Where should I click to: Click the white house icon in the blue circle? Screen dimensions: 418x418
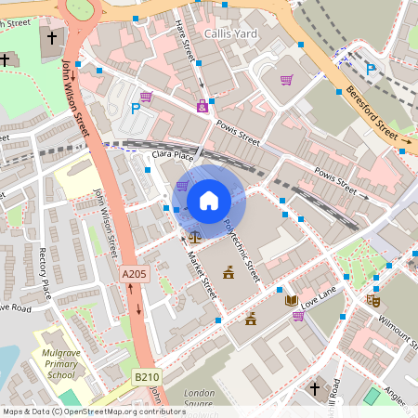pyautogui.click(x=209, y=200)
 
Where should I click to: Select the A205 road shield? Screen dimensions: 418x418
pyautogui.click(x=134, y=274)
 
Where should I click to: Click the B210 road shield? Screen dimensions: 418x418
pyautogui.click(x=144, y=377)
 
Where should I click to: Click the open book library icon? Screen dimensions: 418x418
pyautogui.click(x=291, y=301)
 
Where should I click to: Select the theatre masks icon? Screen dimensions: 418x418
pyautogui.click(x=373, y=301)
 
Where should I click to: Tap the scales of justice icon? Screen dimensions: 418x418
pyautogui.click(x=194, y=237)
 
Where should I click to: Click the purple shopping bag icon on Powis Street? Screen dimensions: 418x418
pyautogui.click(x=202, y=107)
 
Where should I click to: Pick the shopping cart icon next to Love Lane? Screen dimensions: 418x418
pyautogui.click(x=297, y=316)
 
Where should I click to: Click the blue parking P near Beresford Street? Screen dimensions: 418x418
pyautogui.click(x=371, y=68)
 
